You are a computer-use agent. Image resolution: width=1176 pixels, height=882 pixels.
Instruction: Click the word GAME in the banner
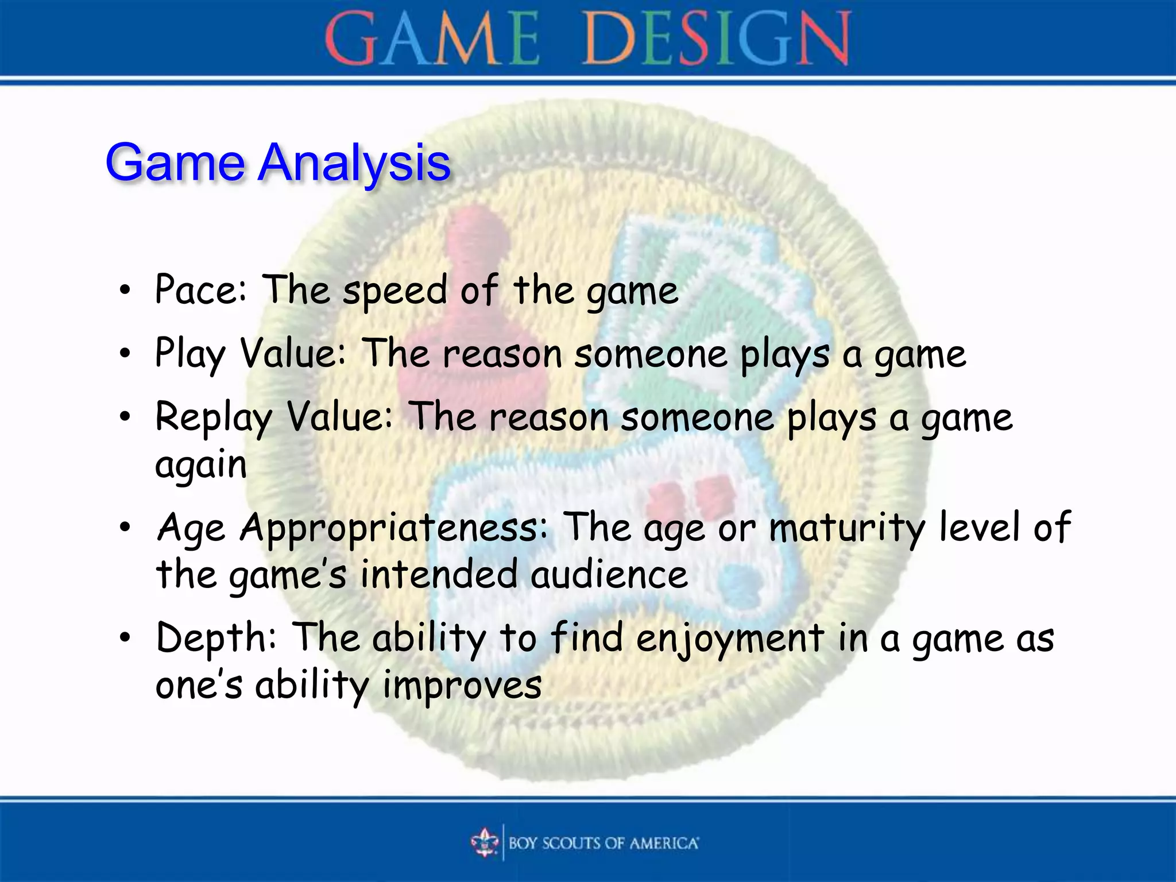(x=432, y=39)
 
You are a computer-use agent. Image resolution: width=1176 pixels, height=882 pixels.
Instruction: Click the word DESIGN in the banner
(x=716, y=39)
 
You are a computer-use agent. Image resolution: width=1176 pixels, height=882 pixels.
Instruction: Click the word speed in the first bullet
(x=394, y=292)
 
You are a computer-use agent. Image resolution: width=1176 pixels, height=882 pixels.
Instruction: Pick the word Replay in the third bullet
(x=213, y=418)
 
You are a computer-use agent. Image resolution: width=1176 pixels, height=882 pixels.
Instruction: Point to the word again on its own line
(x=201, y=465)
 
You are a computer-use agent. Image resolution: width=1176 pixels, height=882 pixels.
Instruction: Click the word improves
(x=462, y=686)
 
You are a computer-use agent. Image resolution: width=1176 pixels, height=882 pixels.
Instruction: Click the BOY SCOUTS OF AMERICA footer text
(x=603, y=843)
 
